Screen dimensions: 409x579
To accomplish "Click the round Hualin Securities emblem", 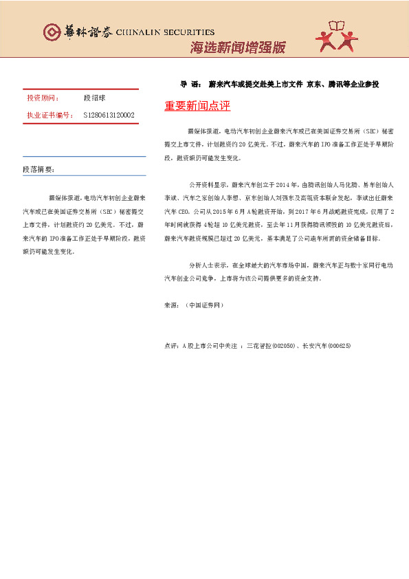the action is coord(52,32).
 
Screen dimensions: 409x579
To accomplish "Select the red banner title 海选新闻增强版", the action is coord(237,48).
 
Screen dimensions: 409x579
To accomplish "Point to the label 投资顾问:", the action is coord(43,99).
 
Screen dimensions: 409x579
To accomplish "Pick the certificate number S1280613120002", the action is coord(109,116).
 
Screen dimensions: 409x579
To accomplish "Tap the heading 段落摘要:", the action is coord(38,169).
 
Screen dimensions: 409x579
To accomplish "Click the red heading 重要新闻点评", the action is coord(197,106).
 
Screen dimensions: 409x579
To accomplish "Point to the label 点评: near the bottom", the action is coord(172,345).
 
